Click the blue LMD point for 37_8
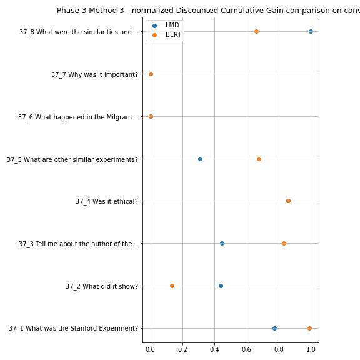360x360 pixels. coord(311,31)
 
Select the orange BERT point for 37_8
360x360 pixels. coord(256,31)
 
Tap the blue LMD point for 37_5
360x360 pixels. coord(200,159)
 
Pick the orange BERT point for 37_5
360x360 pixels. coord(259,159)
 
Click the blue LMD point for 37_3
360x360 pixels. coord(222,243)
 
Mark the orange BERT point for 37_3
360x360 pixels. coord(284,243)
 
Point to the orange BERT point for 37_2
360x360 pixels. coord(172,286)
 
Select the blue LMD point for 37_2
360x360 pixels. coord(221,286)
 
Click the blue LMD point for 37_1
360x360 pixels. coord(274,328)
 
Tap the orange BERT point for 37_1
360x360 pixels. coord(309,328)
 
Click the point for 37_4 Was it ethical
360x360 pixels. coord(288,201)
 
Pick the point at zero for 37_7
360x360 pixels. coord(151,74)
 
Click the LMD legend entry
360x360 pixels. coord(166,25)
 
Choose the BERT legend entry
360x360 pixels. coord(167,34)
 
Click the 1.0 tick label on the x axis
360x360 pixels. coord(311,349)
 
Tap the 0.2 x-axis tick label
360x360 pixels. coord(182,349)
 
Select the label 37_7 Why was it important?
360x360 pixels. coord(94,74)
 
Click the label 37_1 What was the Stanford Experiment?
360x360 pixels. coord(74,329)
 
